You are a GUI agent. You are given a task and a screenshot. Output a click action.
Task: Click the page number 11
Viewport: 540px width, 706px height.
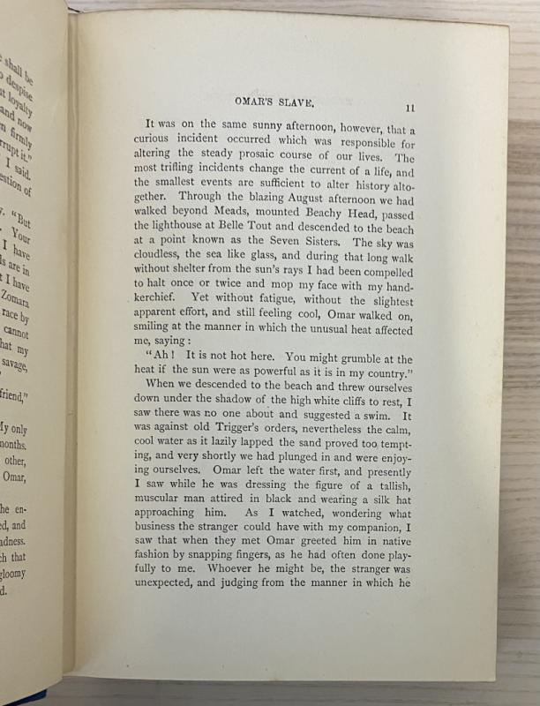[x=409, y=108]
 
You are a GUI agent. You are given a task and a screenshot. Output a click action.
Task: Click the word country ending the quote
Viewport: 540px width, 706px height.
[x=389, y=373]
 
